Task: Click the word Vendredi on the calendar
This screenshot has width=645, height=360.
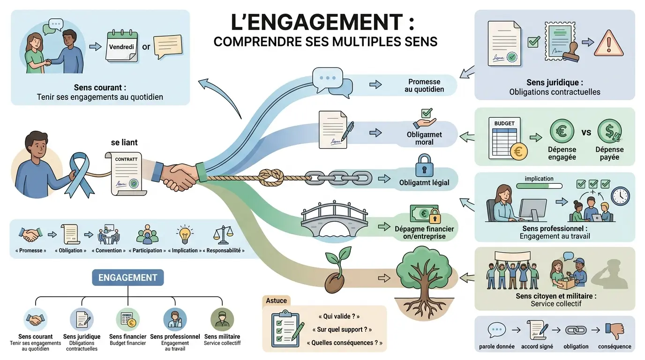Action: click(x=121, y=47)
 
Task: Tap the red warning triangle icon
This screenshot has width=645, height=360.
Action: click(x=609, y=44)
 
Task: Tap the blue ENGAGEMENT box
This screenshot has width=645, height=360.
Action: click(x=128, y=277)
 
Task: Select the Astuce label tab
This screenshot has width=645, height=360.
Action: click(x=276, y=300)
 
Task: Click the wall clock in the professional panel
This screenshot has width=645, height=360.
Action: click(x=621, y=196)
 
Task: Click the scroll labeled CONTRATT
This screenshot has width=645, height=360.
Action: click(x=126, y=173)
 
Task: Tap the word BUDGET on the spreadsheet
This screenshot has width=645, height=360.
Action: click(x=504, y=123)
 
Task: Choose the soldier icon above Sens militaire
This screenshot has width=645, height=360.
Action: click(x=222, y=320)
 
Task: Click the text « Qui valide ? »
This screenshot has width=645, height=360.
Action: click(x=338, y=316)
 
